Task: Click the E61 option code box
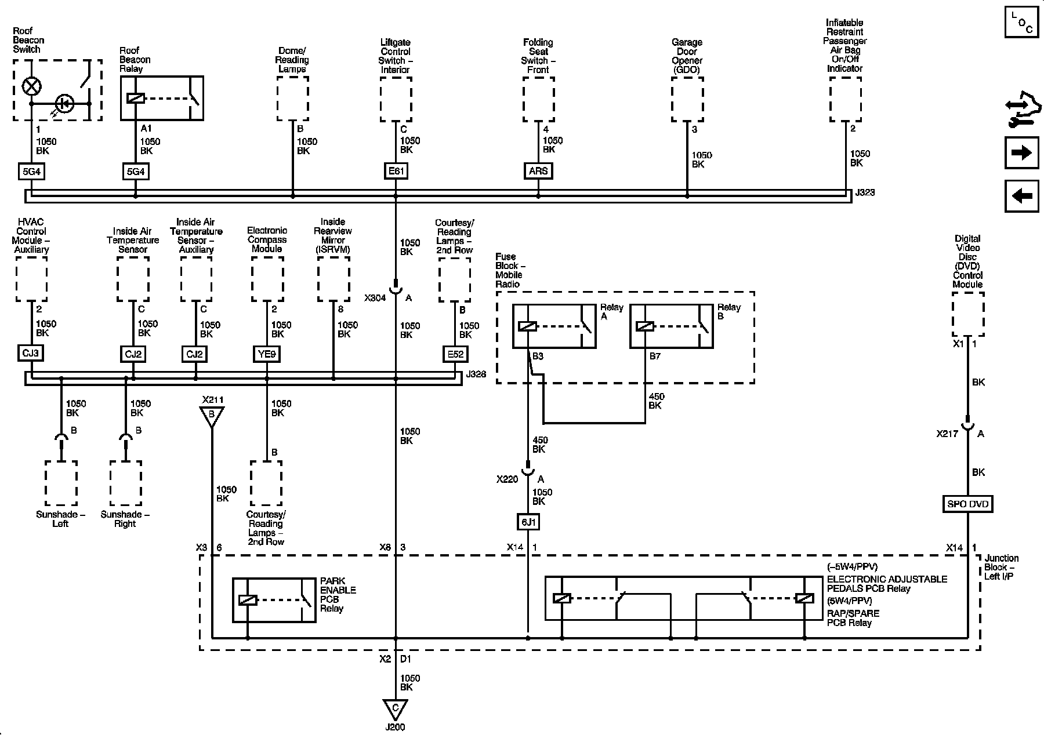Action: click(x=396, y=171)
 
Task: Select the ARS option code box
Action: click(x=538, y=171)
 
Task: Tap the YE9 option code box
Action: click(x=267, y=353)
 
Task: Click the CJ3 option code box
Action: click(x=31, y=353)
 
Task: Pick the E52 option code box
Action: click(x=454, y=354)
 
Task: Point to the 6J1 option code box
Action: click(x=528, y=522)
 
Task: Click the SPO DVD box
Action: click(x=967, y=504)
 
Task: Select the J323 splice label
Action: click(x=864, y=192)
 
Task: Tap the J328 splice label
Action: click(x=475, y=374)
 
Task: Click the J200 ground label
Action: click(x=395, y=727)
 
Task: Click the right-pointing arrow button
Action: click(x=1021, y=152)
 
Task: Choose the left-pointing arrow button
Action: click(x=1021, y=196)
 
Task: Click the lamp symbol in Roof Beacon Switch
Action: click(x=31, y=87)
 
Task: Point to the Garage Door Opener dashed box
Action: click(x=687, y=99)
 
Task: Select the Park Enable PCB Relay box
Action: click(x=274, y=600)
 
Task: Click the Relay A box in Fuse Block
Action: click(x=554, y=326)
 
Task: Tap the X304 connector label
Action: click(x=375, y=298)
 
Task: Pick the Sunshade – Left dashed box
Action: click(x=61, y=483)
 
